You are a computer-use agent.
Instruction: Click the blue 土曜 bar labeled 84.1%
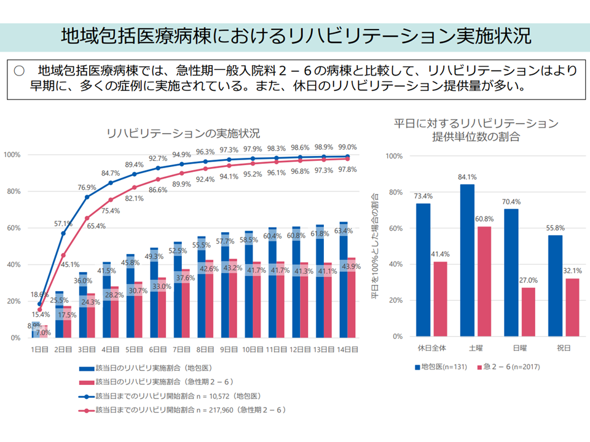coord(466,260)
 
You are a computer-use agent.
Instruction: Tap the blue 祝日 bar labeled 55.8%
coord(555,286)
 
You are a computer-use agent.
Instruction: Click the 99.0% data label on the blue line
coord(347,147)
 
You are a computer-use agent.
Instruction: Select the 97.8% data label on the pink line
coord(347,169)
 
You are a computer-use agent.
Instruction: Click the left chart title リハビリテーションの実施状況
coord(183,133)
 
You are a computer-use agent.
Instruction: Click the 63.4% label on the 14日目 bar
coord(344,231)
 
